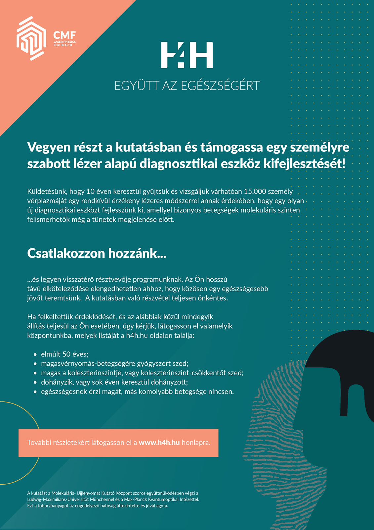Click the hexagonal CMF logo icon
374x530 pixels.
click(31, 38)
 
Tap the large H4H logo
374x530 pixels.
click(187, 55)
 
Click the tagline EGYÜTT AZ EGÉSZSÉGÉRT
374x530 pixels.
click(187, 85)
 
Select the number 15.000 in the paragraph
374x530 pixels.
click(255, 191)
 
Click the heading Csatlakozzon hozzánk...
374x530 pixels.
click(97, 253)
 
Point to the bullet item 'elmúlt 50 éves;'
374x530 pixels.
click(65, 354)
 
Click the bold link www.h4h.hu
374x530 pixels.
click(159, 443)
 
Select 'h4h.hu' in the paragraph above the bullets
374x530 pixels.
click(137, 336)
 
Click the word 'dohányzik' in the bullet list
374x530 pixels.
click(55, 382)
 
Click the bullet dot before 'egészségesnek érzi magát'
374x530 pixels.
click(35, 392)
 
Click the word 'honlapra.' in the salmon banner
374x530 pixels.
click(196, 443)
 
